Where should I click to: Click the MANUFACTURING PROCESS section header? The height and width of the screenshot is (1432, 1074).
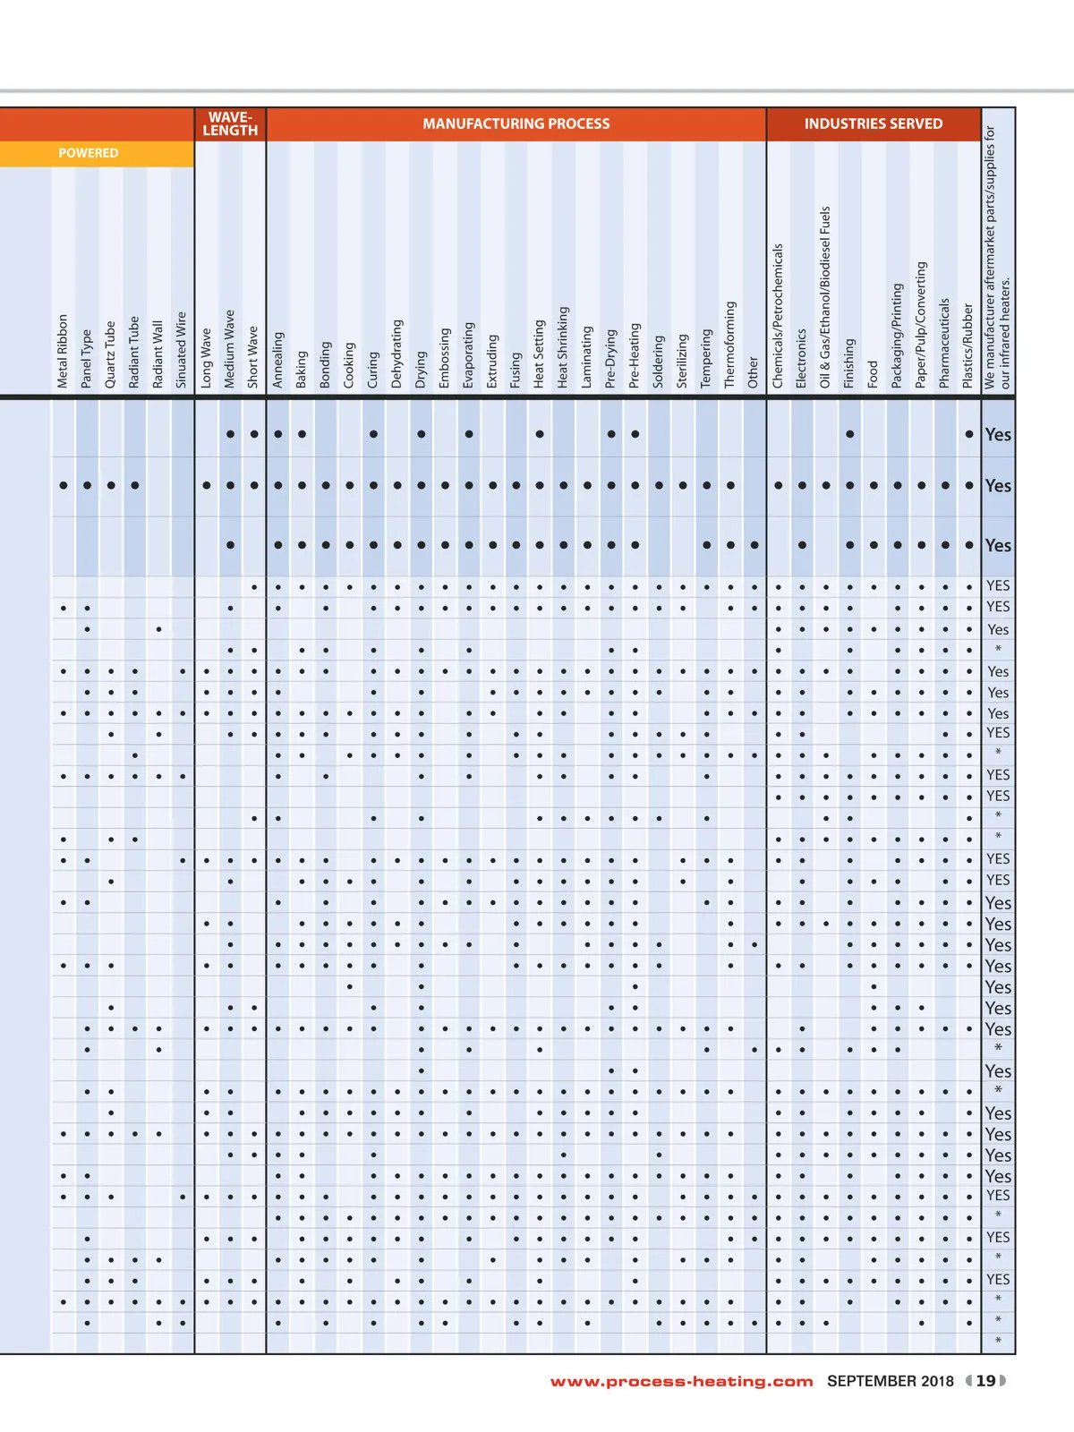[516, 124]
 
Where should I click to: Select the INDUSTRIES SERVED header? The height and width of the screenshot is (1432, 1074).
[873, 124]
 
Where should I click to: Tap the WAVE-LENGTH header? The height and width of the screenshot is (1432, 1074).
[230, 124]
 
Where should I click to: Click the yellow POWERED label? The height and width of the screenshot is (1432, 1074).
[88, 153]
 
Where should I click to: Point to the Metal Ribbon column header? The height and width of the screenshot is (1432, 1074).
[63, 350]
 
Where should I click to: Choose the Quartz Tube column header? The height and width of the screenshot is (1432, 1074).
[110, 354]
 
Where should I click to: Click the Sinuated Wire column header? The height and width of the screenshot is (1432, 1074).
[182, 349]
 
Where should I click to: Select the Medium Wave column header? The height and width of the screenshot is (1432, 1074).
[230, 348]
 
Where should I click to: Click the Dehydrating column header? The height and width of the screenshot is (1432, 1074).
[397, 353]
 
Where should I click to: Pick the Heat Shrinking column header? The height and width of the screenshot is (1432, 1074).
[563, 346]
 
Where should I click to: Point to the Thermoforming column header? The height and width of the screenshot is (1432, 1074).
[730, 344]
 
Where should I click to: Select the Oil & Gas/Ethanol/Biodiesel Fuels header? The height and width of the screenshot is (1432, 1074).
[825, 297]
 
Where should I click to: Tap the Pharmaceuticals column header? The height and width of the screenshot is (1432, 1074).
[944, 343]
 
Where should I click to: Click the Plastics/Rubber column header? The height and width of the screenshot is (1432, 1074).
[967, 345]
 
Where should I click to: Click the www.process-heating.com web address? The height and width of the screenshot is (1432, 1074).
[681, 1381]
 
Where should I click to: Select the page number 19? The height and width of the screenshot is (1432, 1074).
[985, 1381]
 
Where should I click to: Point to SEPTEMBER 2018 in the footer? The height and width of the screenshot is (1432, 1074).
[891, 1381]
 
